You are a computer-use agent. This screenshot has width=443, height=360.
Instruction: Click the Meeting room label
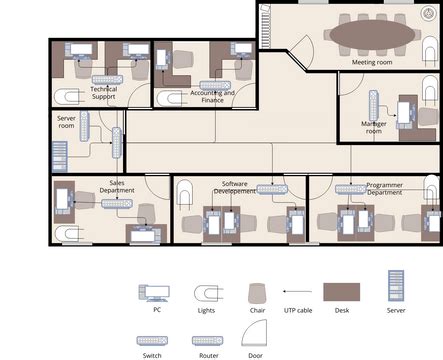coord(372,63)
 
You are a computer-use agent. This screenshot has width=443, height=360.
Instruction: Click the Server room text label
coord(66,122)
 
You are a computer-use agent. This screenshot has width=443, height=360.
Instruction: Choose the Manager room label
coord(372,127)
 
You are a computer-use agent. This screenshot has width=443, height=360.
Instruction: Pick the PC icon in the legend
coord(156,293)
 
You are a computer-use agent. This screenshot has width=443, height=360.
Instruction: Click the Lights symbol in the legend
coord(207,293)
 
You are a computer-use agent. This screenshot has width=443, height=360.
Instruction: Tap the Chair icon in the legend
coord(257,293)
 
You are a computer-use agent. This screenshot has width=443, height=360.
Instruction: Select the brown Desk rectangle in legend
coord(342,293)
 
